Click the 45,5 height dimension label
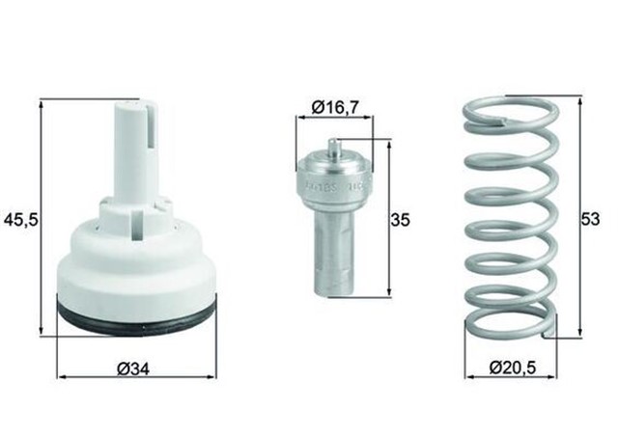click(x=20, y=221)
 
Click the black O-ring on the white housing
click(x=136, y=313)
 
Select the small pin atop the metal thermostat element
click(x=332, y=148)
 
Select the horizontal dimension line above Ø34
click(x=136, y=373)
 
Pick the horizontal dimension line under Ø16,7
click(x=334, y=119)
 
